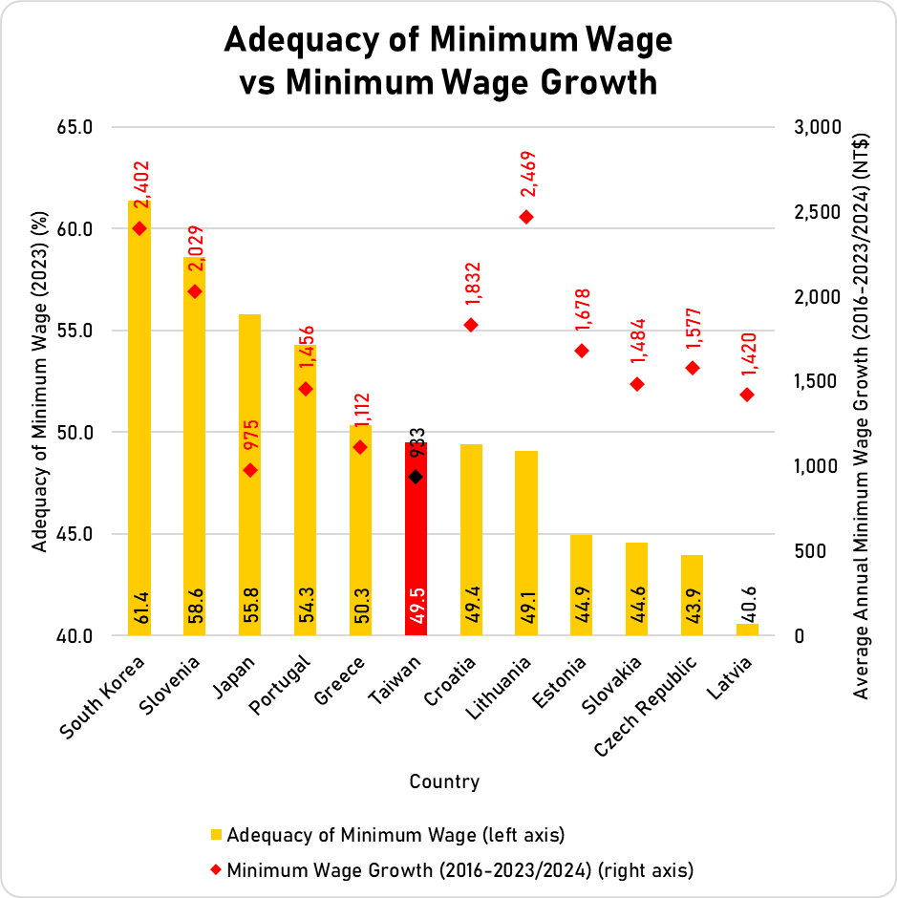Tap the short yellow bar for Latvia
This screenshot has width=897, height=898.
coord(747,630)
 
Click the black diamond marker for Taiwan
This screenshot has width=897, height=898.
coord(416,477)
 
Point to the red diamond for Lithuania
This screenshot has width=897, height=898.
coord(525,217)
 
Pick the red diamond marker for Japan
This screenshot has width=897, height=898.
coord(250,470)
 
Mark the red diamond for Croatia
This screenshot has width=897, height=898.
coord(471,325)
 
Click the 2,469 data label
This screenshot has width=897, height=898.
coord(528,175)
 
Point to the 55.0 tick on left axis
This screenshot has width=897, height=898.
coord(75,331)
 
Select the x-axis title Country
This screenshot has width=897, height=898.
coord(444,781)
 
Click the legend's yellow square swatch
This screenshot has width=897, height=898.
coord(217,835)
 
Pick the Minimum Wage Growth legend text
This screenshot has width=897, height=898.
coord(459,870)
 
